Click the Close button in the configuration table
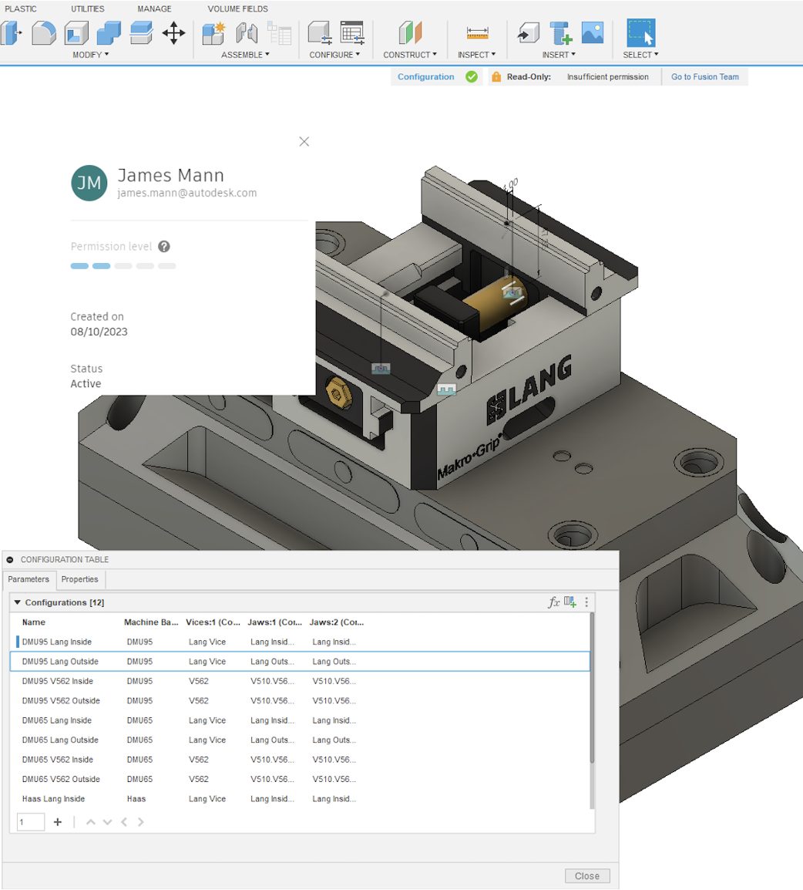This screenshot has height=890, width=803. point(586,875)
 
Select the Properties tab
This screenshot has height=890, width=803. point(80,579)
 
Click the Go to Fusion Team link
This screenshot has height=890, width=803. point(704,77)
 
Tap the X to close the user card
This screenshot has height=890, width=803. point(304,142)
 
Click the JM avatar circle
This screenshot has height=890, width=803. point(89,183)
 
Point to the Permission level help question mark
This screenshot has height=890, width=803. point(163,247)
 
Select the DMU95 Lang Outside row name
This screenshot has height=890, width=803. point(60,662)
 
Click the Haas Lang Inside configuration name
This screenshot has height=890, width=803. point(53,799)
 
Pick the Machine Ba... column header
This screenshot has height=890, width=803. point(151,622)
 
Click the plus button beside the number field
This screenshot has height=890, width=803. point(58,822)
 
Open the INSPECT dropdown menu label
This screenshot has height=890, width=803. point(476,55)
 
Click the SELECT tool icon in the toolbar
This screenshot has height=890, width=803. point(640,33)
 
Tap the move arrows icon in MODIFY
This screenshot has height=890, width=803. point(173,33)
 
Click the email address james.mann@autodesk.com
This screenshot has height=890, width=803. point(186,194)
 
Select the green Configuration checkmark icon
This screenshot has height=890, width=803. point(472,77)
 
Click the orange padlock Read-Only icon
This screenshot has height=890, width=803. point(496,77)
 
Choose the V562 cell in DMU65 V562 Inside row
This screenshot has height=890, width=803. point(199,760)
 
